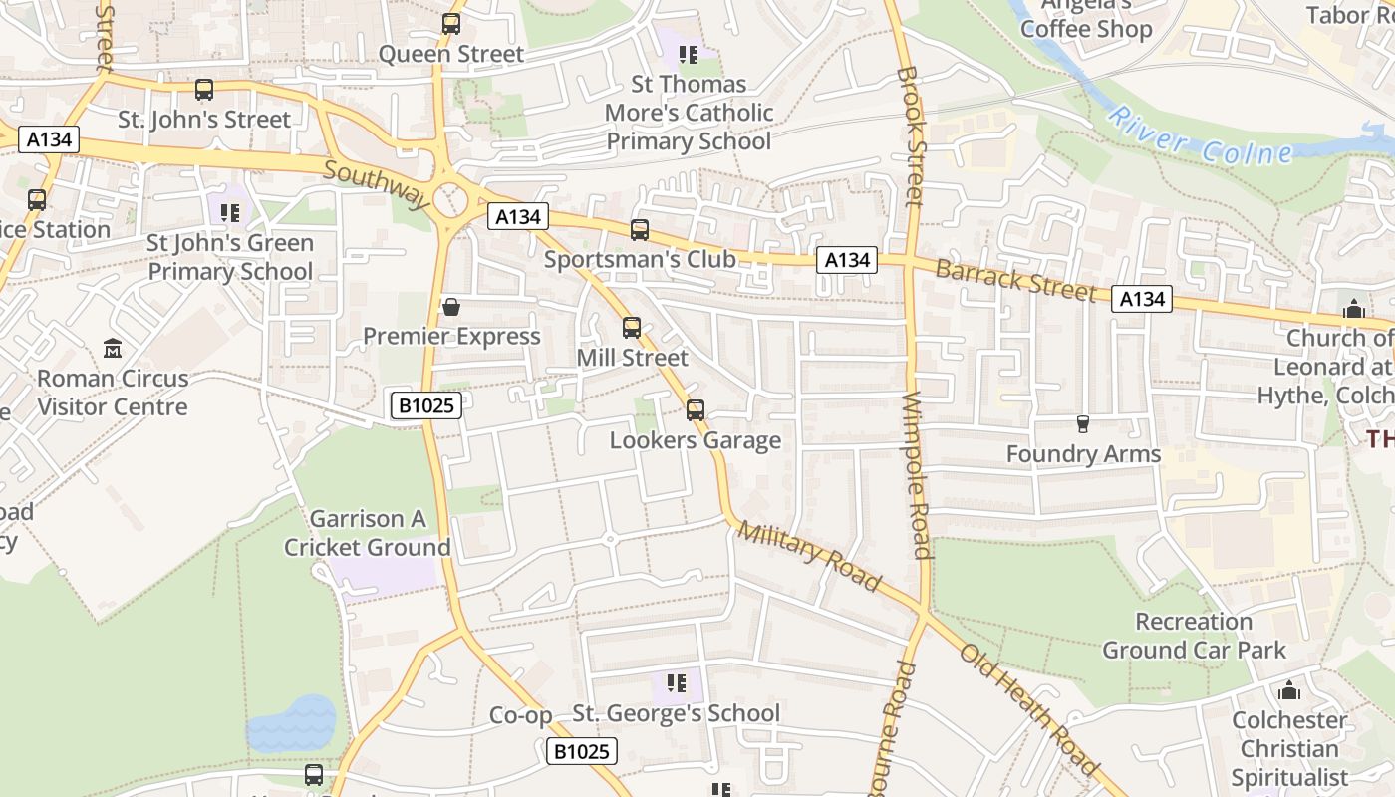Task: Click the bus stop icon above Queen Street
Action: [x=451, y=24]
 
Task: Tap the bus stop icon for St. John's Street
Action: [x=204, y=90]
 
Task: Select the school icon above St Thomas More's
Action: [x=688, y=54]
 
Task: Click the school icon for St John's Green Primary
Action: [x=230, y=212]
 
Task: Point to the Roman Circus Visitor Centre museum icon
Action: [x=113, y=349]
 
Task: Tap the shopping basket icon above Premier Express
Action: [x=451, y=307]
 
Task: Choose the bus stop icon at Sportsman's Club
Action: [x=640, y=230]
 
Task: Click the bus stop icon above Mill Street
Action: [x=632, y=327]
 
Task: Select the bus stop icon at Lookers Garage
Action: [x=696, y=410]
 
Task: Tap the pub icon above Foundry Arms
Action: [x=1083, y=424]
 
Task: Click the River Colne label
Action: [x=1201, y=136]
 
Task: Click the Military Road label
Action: [x=809, y=556]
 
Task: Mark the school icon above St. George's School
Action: [x=677, y=683]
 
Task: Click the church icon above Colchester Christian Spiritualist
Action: [x=1289, y=690]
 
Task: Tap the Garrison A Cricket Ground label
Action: [x=368, y=533]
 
